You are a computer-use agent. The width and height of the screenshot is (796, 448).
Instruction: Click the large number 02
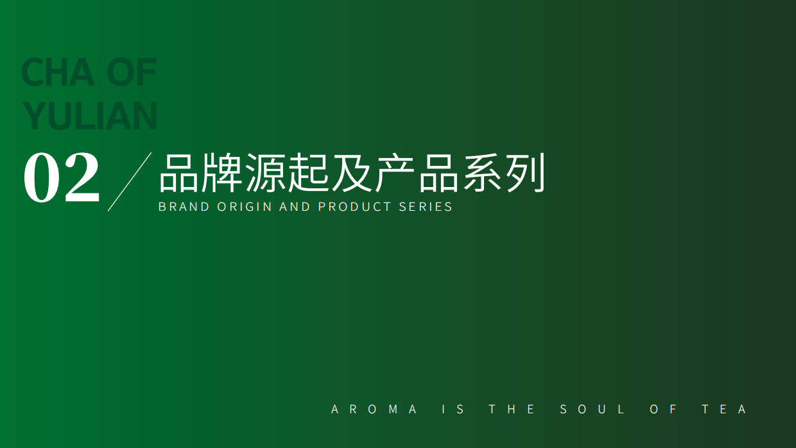pyautogui.click(x=62, y=178)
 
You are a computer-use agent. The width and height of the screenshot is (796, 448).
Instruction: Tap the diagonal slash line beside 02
pyautogui.click(x=130, y=182)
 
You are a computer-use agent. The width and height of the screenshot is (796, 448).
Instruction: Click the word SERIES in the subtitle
pyautogui.click(x=426, y=207)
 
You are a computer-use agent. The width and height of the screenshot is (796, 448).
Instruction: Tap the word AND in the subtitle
pyautogui.click(x=295, y=207)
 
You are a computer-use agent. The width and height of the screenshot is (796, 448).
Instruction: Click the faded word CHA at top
pyautogui.click(x=58, y=72)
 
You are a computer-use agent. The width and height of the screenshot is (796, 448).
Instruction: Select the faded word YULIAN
pyautogui.click(x=90, y=116)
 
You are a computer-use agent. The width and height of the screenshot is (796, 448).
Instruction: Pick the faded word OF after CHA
pyautogui.click(x=132, y=72)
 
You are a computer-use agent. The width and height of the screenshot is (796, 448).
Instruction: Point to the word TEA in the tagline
pyautogui.click(x=724, y=409)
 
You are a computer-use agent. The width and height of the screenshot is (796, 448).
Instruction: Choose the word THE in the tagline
pyautogui.click(x=512, y=409)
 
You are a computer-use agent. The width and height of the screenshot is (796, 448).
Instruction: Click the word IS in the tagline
pyautogui.click(x=453, y=409)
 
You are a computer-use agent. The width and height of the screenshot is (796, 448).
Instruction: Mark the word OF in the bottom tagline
pyautogui.click(x=664, y=409)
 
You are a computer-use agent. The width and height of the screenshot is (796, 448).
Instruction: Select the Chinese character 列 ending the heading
pyautogui.click(x=525, y=173)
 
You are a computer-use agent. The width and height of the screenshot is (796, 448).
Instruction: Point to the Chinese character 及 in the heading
pyautogui.click(x=352, y=173)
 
